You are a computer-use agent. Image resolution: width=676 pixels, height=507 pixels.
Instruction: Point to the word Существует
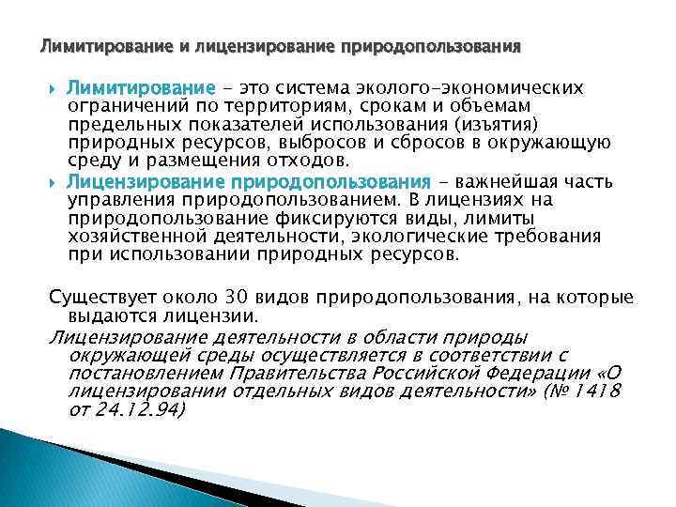(100, 298)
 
